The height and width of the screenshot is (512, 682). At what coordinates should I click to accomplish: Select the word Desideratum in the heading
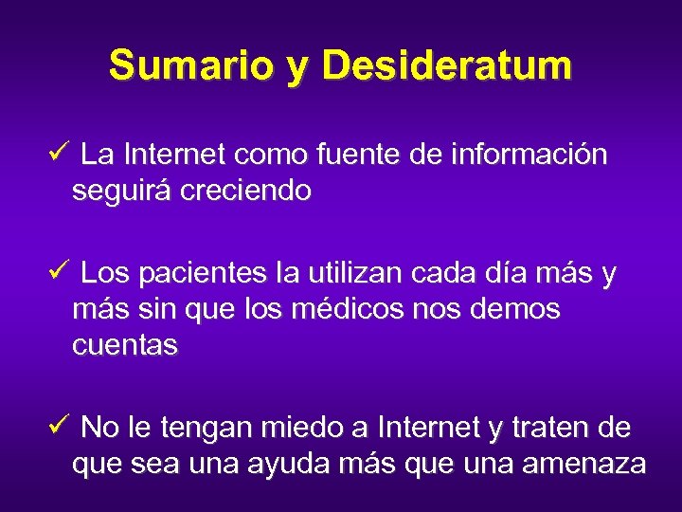coord(446,65)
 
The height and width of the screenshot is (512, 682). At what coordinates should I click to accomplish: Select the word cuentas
coord(124,345)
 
